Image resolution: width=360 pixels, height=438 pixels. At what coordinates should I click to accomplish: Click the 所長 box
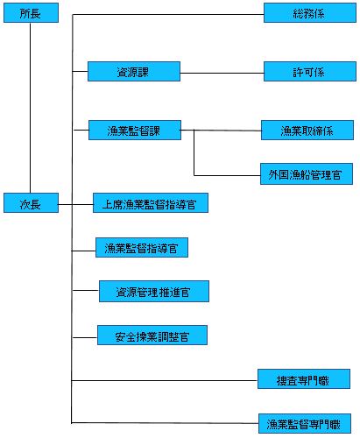pyautogui.click(x=31, y=13)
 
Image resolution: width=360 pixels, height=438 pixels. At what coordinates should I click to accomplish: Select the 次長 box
pyautogui.click(x=31, y=203)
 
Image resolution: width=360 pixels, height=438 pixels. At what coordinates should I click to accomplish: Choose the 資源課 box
pyautogui.click(x=133, y=72)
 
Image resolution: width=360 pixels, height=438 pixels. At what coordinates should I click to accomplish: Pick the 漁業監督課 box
pyautogui.click(x=134, y=131)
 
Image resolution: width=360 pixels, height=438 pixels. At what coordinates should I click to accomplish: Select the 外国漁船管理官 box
pyautogui.click(x=307, y=173)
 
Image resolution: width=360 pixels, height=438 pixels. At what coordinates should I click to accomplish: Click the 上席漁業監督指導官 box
pyautogui.click(x=151, y=204)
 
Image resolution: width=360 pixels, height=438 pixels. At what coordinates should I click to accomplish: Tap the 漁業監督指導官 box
pyautogui.click(x=141, y=248)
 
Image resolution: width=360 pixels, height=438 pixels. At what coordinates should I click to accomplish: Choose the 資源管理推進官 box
pyautogui.click(x=154, y=291)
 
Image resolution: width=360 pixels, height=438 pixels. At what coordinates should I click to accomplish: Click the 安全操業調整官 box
pyautogui.click(x=152, y=336)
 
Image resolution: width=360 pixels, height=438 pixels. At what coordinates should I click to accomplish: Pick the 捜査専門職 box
pyautogui.click(x=305, y=380)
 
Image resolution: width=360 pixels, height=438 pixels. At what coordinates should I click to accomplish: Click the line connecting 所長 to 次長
pyautogui.click(x=31, y=105)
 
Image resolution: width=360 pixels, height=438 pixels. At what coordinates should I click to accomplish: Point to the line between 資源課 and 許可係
pyautogui.click(x=222, y=72)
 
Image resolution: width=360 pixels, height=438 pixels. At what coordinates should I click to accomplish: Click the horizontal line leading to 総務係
pyautogui.click(x=166, y=15)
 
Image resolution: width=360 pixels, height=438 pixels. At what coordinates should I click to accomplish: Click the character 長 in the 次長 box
pyautogui.click(x=38, y=203)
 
